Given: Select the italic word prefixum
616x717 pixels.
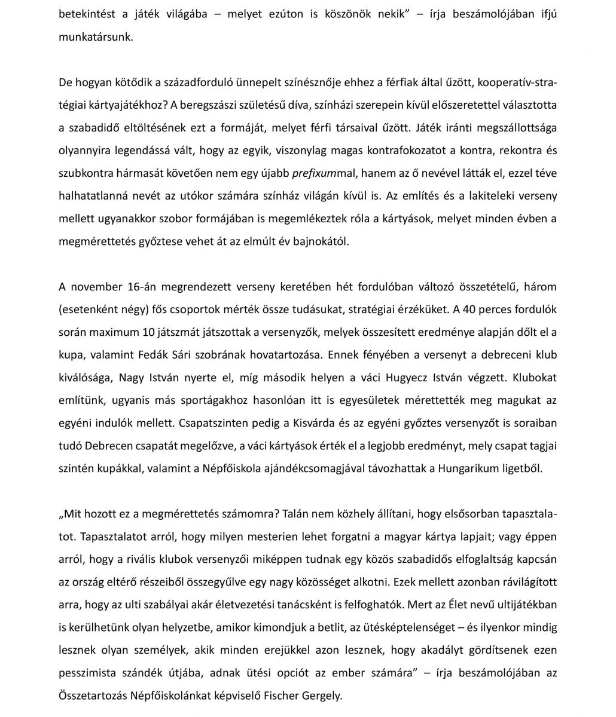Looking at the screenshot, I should (315, 173).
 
